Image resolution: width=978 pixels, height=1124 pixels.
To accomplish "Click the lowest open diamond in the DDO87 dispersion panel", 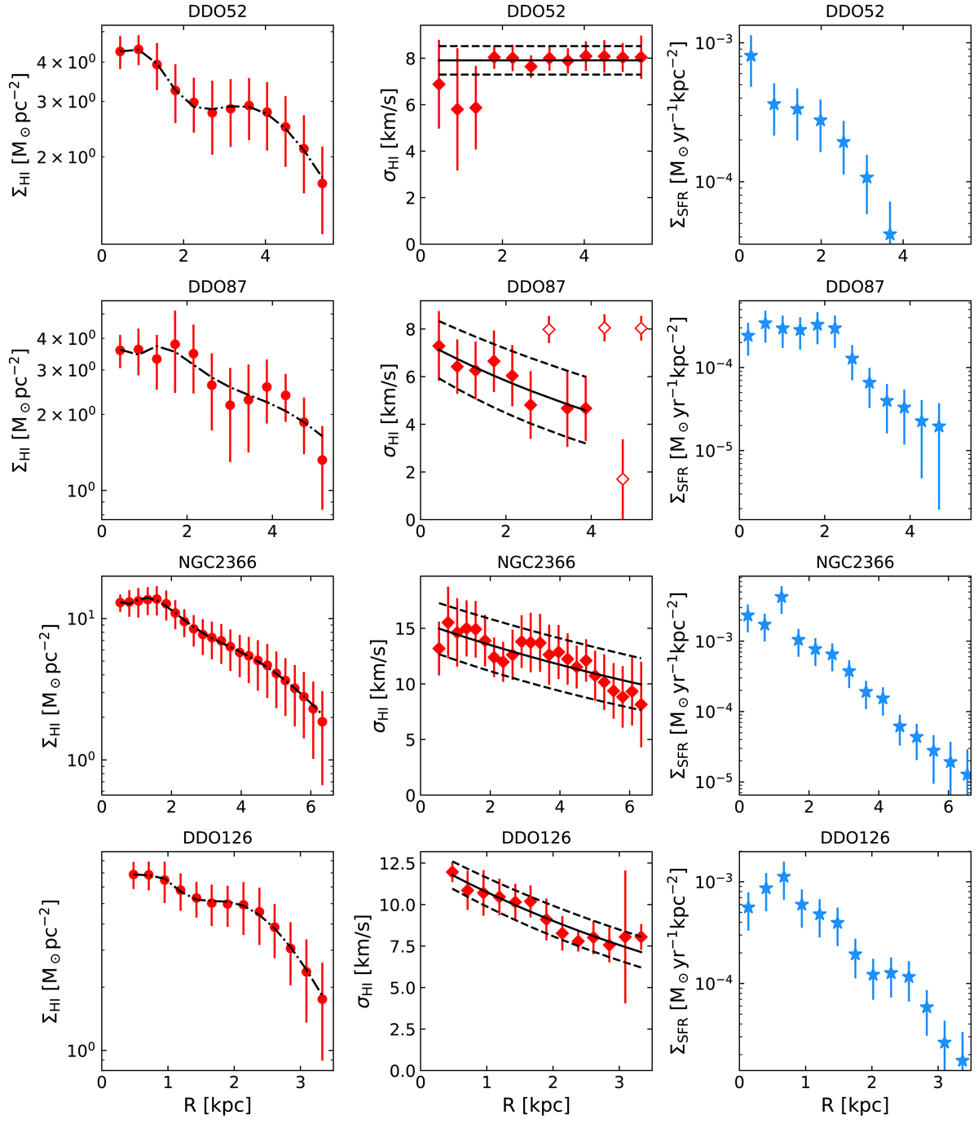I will click(623, 479).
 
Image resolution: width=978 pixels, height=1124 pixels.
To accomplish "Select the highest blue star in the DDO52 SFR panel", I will click(751, 56).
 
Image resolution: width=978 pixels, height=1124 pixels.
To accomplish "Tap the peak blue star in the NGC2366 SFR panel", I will click(782, 597).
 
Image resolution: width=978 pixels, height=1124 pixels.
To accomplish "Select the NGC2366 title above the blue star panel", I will click(854, 562).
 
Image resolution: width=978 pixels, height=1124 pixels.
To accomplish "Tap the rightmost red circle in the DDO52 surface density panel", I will click(322, 183).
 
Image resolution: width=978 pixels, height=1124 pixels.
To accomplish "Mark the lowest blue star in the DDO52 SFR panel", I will click(890, 235).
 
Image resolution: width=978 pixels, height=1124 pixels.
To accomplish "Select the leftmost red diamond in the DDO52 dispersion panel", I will click(439, 85).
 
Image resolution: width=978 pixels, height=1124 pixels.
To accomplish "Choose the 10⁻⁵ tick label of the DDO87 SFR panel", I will click(713, 451).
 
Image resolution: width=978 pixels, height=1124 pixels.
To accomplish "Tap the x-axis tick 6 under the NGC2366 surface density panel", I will click(311, 808).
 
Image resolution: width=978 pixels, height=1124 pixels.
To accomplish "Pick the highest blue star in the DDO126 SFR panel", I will click(784, 877).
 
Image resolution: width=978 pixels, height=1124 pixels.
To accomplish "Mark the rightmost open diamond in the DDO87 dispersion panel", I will click(641, 328).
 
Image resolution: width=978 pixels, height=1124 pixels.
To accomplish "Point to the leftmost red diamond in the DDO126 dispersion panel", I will click(452, 872).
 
